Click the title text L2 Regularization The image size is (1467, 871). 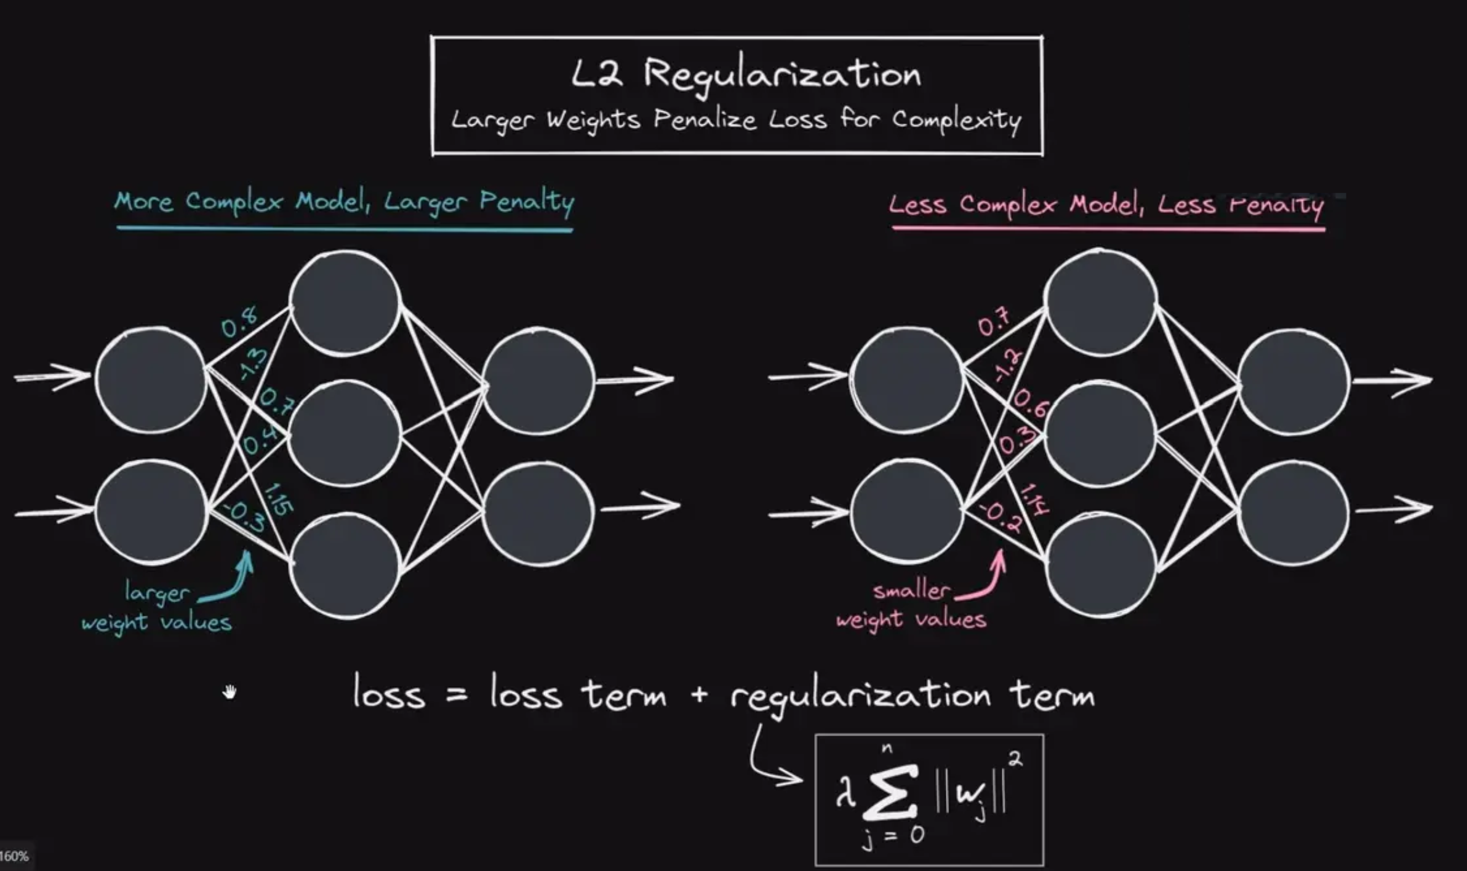pyautogui.click(x=745, y=76)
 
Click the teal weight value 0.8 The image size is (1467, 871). pyautogui.click(x=239, y=322)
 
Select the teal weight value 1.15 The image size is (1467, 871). pyautogui.click(x=278, y=499)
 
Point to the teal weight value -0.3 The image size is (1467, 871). pyautogui.click(x=244, y=517)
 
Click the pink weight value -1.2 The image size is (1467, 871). pyautogui.click(x=1007, y=364)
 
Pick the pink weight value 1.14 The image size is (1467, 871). pyautogui.click(x=1034, y=499)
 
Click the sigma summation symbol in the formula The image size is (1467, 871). pyautogui.click(x=890, y=793)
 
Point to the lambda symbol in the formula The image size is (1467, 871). pyautogui.click(x=845, y=793)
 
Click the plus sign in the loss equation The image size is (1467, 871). pyautogui.click(x=699, y=696)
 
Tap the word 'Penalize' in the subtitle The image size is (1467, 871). pyautogui.click(x=705, y=119)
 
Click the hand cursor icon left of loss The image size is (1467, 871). pyautogui.click(x=230, y=693)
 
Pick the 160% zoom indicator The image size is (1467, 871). pyautogui.click(x=14, y=856)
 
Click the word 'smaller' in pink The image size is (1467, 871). pyautogui.click(x=911, y=591)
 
